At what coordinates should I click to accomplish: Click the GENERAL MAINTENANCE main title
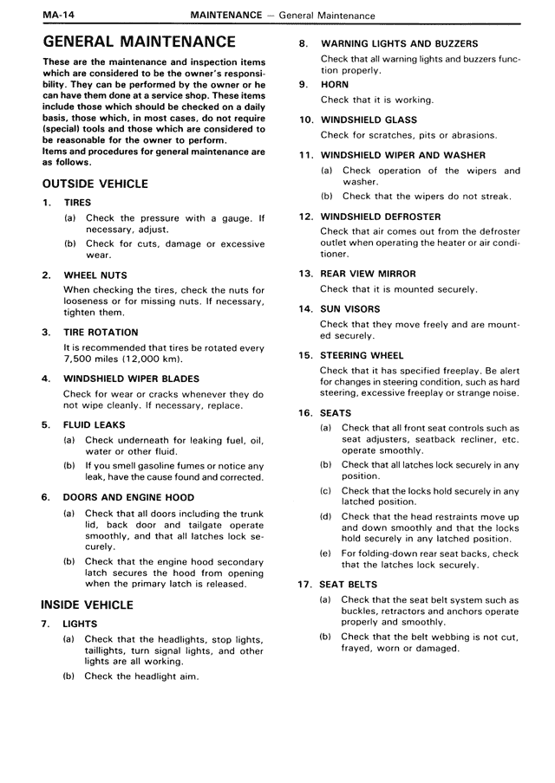[139, 41]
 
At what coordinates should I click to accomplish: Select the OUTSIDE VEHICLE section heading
[95, 184]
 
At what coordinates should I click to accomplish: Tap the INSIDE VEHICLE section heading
[87, 605]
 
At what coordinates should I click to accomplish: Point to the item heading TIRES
[77, 203]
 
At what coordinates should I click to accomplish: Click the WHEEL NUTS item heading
[95, 275]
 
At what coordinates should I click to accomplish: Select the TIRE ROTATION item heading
[101, 332]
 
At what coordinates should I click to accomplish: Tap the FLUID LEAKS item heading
[95, 424]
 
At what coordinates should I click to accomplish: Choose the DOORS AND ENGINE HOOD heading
[128, 497]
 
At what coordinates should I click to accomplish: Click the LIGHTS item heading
[80, 624]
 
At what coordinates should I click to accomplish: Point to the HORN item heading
[335, 84]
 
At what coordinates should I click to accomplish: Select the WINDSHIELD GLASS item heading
[369, 120]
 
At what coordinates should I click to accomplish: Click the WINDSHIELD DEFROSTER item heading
[381, 217]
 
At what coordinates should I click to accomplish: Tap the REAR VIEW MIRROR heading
[369, 273]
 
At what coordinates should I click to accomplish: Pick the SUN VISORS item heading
[350, 308]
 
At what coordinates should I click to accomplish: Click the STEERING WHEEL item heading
[362, 355]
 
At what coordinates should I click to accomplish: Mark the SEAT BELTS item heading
[349, 585]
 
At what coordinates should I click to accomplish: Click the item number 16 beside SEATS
[305, 413]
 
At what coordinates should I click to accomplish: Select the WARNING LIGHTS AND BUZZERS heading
[399, 43]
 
